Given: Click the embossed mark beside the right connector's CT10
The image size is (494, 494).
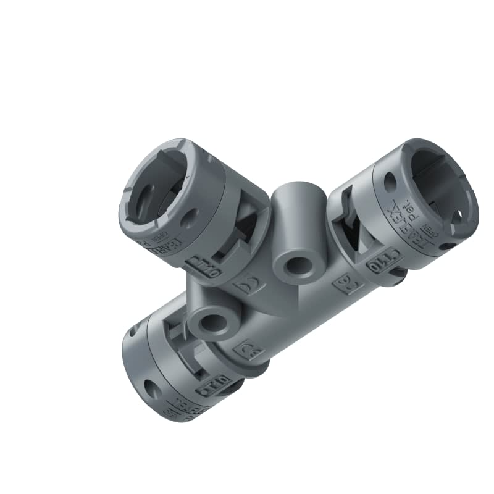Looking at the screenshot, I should tap(341, 285).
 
